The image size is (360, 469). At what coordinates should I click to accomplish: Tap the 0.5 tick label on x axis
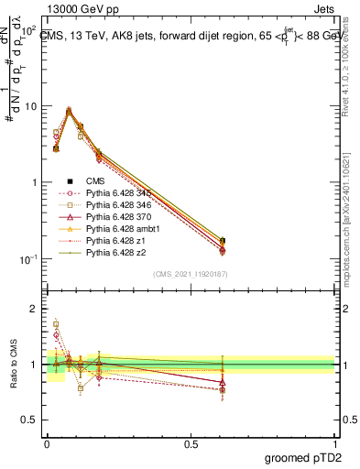pos(191,442)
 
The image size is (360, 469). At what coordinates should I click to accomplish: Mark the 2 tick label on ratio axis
pos(35,309)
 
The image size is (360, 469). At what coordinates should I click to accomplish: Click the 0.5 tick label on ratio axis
pos(31,420)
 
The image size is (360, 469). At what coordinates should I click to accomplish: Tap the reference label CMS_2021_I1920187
pos(190,274)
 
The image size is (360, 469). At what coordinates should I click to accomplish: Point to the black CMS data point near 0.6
pos(223,241)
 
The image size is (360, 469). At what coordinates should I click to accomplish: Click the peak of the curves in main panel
pos(69,110)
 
